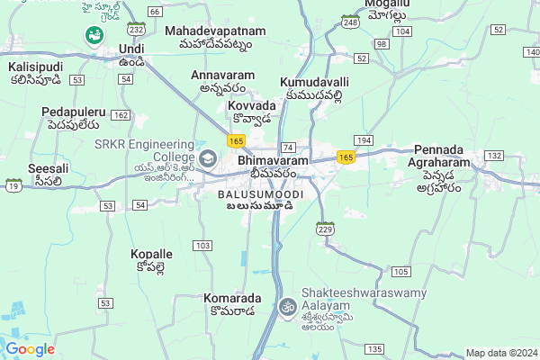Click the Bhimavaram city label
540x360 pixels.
coord(274,160)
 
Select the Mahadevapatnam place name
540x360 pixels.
coord(215,31)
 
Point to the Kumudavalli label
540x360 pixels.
coord(314,81)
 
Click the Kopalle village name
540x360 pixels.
coord(152,254)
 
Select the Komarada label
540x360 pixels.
coord(232,298)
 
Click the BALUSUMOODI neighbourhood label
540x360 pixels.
coord(260,193)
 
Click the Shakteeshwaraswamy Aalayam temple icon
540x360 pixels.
coord(288,306)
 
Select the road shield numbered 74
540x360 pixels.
coord(288,147)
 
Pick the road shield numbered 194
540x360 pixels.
coord(364,141)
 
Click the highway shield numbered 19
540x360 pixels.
coord(13,186)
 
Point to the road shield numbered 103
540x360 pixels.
coord(202,246)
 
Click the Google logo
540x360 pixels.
coord(31,348)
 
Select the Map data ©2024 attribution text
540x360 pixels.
coord(501,352)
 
